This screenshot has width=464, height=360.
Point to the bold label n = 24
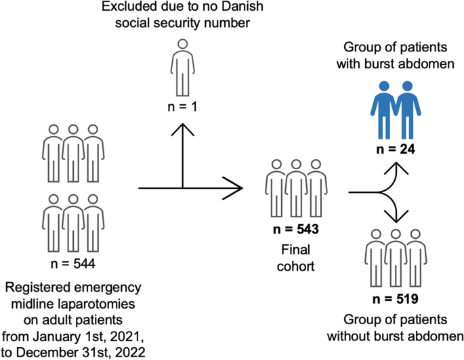(x=396, y=148)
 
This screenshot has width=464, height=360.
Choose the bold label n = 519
(x=396, y=297)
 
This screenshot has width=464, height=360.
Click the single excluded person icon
(x=181, y=68)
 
